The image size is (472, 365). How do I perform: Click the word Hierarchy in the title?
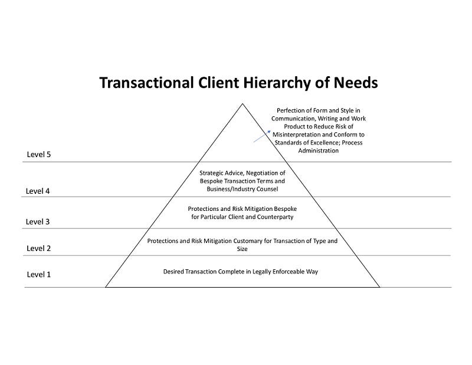pos(271,83)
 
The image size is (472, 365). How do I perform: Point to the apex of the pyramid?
pos(242,105)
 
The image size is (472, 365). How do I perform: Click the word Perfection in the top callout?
pos(289,110)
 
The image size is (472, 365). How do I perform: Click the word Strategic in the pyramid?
pos(212,173)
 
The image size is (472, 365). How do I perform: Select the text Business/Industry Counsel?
pos(242,188)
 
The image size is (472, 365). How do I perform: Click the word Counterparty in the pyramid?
pos(274,217)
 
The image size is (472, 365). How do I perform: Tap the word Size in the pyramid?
pos(242,249)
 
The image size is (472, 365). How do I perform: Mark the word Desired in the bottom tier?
pos(174,272)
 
